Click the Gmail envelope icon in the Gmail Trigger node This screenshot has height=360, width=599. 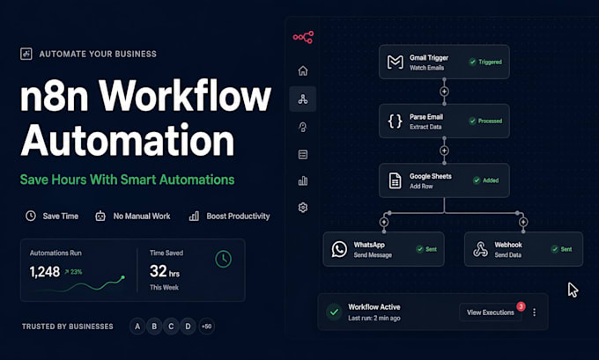(x=395, y=62)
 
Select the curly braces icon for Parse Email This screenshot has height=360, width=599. (x=395, y=121)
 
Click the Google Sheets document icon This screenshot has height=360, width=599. (x=395, y=180)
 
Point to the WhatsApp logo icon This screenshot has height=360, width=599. (x=339, y=249)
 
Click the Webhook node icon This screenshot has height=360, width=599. (x=480, y=249)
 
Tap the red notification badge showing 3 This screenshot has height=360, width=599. (x=521, y=306)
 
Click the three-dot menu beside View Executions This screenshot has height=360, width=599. (x=534, y=312)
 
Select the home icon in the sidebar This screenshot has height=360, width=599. (x=303, y=70)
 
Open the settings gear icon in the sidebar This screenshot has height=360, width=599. (x=303, y=208)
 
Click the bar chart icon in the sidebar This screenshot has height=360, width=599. (x=303, y=180)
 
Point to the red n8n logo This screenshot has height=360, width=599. (x=303, y=37)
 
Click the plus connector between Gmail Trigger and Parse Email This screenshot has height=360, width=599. (x=444, y=92)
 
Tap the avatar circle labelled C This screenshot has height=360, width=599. (x=171, y=327)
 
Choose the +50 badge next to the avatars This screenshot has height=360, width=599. (x=206, y=327)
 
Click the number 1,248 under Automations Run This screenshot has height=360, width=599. (x=45, y=272)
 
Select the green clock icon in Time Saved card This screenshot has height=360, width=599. (x=223, y=259)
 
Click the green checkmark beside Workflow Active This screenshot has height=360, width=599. (x=334, y=312)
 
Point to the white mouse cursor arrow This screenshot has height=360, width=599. (x=573, y=290)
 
